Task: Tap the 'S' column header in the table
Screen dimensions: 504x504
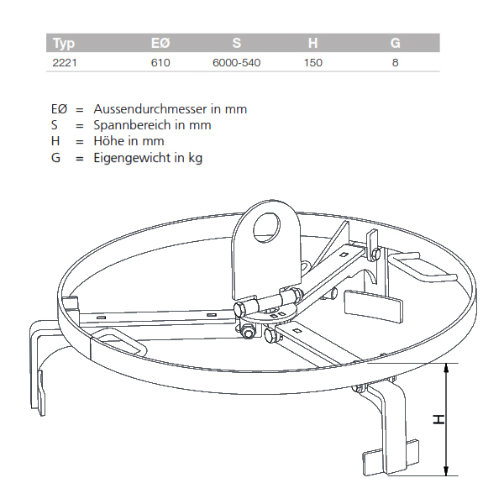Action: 236,44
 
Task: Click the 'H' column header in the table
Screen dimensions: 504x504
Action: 313,44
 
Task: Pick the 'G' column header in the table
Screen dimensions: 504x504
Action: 395,44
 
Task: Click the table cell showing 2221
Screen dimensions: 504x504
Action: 65,62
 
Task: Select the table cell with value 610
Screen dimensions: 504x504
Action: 160,62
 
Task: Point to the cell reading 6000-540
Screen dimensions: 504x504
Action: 236,62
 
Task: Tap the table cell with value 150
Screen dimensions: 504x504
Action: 313,62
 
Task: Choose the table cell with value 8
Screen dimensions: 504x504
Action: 395,62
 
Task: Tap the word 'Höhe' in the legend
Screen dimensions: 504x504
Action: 108,140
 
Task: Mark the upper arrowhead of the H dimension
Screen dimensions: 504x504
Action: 447,367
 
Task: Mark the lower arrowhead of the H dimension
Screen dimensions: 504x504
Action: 447,473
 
